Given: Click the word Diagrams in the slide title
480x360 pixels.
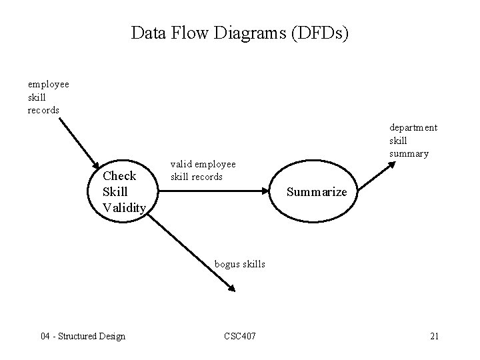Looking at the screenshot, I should (249, 33).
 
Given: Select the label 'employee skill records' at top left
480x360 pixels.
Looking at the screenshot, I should (47, 97).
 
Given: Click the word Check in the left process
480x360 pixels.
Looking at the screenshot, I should (119, 176).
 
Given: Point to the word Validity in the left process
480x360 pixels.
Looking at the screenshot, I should (124, 207).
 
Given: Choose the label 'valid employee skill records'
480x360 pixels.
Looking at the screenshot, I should (203, 170).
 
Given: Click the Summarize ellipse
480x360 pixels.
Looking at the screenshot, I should (316, 192).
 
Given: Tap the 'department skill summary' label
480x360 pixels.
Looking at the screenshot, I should (413, 140).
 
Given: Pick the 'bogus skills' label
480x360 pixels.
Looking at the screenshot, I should (239, 264).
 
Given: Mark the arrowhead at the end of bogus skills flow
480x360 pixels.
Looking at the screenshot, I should (230, 288).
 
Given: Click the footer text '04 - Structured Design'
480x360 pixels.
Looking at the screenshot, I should (83, 336).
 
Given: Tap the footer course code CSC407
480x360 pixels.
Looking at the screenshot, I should (238, 336).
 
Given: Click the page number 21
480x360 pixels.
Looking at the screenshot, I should (434, 336).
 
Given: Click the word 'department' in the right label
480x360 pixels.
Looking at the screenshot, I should (413, 127).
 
